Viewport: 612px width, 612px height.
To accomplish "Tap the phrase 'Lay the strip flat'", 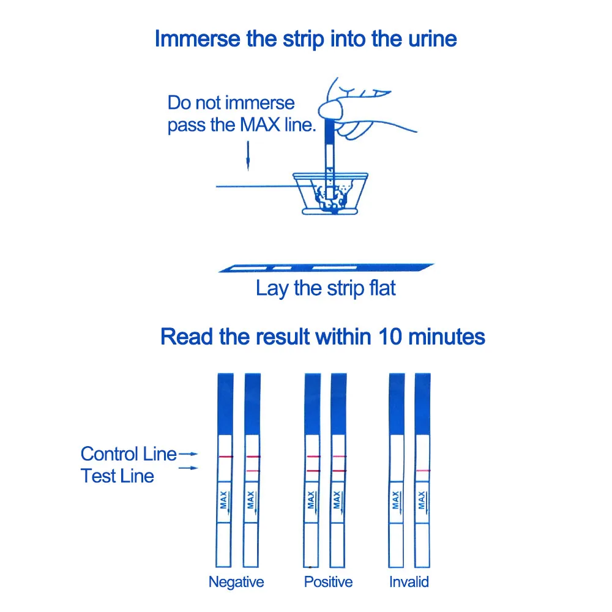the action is pos(326,288).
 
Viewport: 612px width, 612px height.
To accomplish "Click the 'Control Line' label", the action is pos(129,454).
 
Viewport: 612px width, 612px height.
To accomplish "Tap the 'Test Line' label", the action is pos(118,476).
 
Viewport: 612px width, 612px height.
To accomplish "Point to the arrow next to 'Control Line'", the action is pos(192,454).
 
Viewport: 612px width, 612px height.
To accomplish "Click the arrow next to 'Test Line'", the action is pos(192,468).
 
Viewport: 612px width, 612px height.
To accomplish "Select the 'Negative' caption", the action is pos(236,581).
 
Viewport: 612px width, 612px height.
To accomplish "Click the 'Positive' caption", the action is pos(329,581).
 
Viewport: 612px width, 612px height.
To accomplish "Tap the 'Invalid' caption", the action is pos(409,581).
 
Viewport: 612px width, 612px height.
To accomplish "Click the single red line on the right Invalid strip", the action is pos(422,470).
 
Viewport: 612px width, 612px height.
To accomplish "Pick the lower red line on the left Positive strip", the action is pos(313,470).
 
